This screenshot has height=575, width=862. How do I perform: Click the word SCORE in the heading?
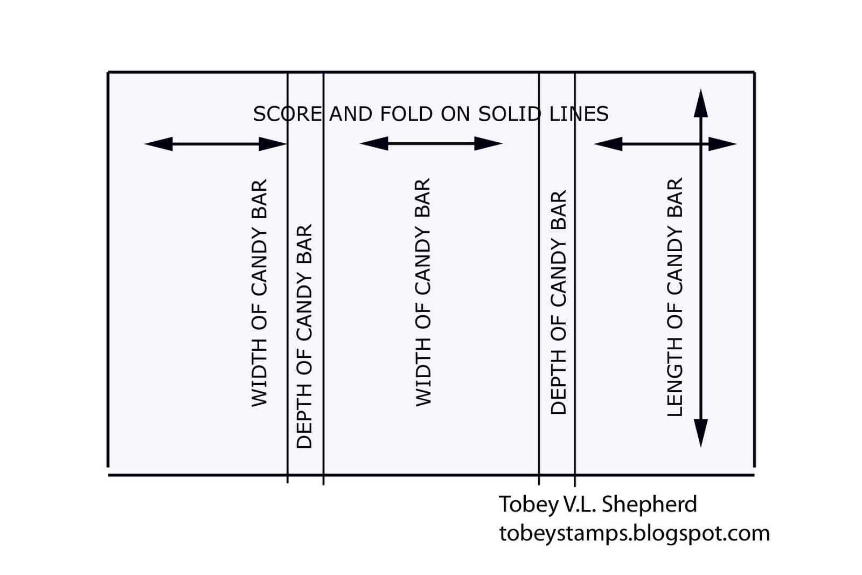tap(287, 114)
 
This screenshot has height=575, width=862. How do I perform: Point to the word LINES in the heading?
tap(579, 114)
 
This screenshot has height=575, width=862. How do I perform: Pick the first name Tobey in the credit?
tap(522, 504)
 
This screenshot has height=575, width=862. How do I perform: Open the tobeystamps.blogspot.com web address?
tap(634, 533)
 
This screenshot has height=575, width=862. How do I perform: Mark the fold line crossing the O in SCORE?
tap(288, 269)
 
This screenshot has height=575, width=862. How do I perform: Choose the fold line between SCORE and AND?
tap(323, 269)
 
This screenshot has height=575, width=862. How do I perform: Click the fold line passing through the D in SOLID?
tap(539, 269)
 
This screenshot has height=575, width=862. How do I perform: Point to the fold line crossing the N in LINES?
tap(575, 269)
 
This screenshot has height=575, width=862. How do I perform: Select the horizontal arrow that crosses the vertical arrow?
tap(665, 144)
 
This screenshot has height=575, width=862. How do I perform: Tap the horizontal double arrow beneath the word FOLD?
tap(431, 143)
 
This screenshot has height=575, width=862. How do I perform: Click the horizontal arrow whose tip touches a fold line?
tap(215, 144)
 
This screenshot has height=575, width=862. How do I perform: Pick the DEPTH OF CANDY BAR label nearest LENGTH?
tap(559, 302)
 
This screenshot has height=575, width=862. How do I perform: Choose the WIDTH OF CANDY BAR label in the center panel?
tap(423, 292)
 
